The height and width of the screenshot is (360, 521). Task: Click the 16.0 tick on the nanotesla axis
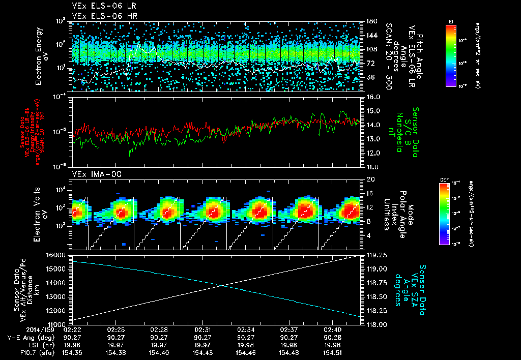coord(372,97)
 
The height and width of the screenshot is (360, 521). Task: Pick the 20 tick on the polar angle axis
coord(370,179)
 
